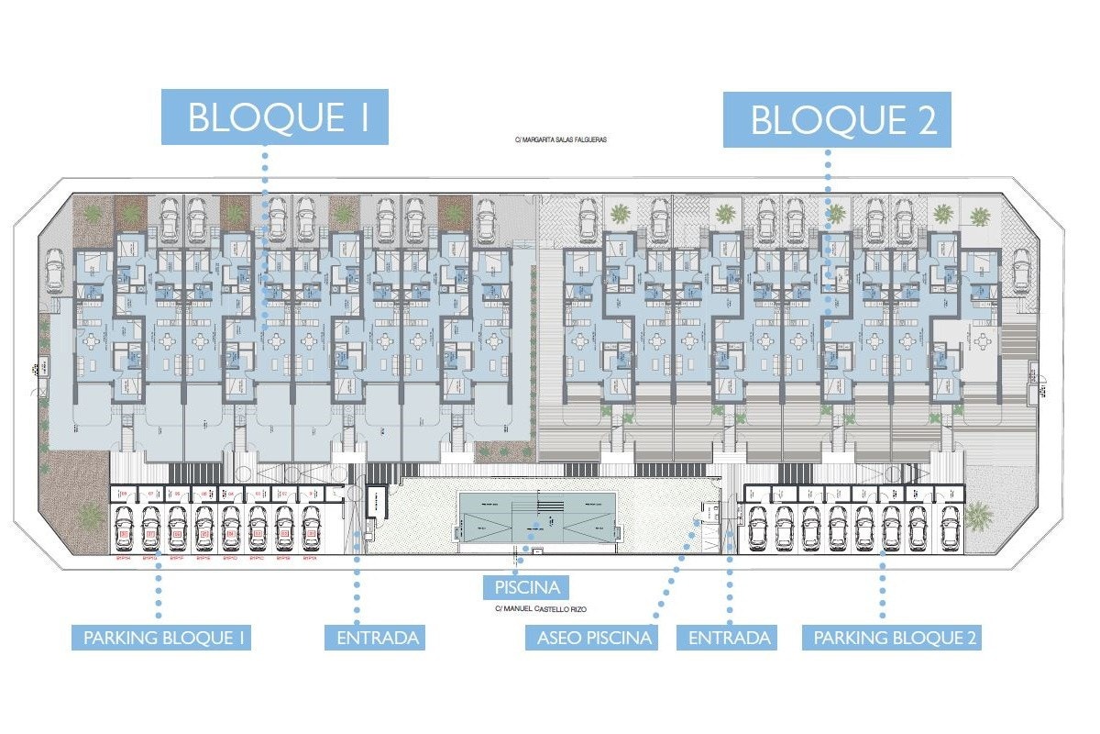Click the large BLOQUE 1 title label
[275, 117]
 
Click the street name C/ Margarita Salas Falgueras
[561, 140]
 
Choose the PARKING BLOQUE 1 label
[161, 638]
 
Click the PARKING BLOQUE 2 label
[893, 638]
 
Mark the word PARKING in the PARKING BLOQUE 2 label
[851, 638]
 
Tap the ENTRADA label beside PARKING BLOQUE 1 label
[374, 638]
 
